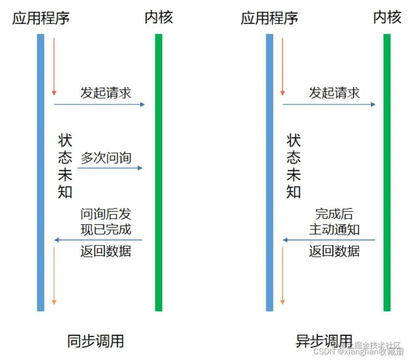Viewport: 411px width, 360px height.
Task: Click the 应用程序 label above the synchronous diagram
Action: (41, 18)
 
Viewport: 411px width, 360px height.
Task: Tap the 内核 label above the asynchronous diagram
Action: (388, 18)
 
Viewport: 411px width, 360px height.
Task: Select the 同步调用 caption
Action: (96, 341)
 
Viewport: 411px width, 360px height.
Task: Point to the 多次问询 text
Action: (106, 158)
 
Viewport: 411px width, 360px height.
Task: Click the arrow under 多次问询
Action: (110, 168)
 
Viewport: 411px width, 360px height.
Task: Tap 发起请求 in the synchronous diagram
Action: (106, 93)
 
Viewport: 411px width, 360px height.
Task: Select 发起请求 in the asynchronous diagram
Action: (334, 93)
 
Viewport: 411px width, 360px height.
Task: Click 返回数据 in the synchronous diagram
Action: (106, 251)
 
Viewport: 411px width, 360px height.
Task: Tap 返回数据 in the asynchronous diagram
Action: (334, 251)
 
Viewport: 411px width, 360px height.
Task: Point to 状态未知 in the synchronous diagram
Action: (65, 166)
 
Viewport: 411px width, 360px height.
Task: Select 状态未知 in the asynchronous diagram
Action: (293, 166)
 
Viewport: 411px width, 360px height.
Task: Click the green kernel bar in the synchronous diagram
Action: (159, 173)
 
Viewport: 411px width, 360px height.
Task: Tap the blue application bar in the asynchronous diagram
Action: (269, 173)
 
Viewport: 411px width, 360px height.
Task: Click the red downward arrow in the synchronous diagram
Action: (54, 67)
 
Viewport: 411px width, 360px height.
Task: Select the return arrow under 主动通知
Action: (329, 240)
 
